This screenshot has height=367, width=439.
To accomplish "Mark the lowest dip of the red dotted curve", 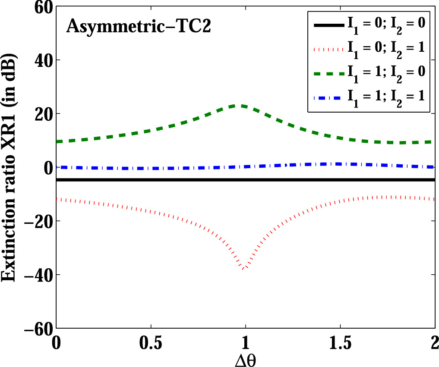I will click(x=244, y=269).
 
